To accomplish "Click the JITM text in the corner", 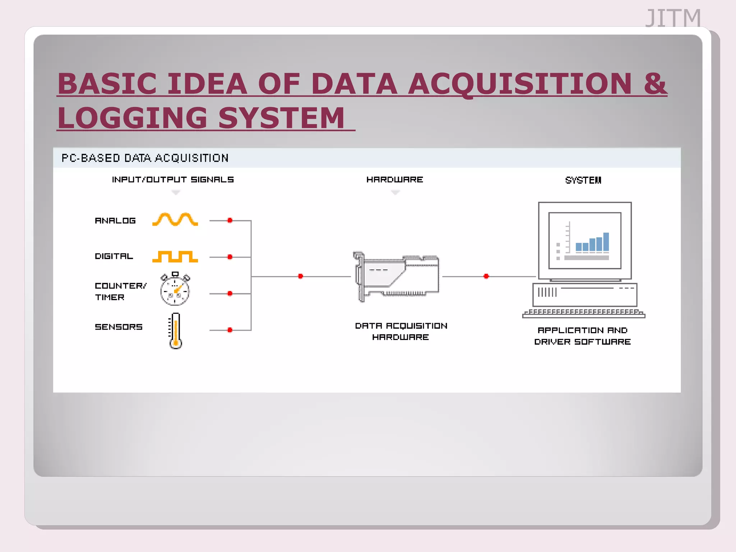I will tap(673, 18).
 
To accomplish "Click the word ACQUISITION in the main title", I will tap(520, 84).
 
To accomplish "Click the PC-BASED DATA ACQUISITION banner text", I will tap(145, 158).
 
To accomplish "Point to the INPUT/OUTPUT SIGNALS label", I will tap(173, 179).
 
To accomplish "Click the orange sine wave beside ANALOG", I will tap(175, 219).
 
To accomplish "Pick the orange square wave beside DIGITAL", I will tap(175, 257).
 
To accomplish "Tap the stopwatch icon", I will tap(175, 290).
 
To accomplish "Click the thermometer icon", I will tap(175, 331).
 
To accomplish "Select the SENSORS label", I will tap(119, 327).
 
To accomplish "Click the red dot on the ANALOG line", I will tap(230, 220).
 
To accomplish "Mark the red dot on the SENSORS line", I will tap(230, 330).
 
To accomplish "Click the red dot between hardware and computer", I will tap(486, 276).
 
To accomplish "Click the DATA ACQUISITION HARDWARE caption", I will tap(401, 331).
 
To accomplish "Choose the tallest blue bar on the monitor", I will tap(606, 242).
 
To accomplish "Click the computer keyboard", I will tap(584, 313).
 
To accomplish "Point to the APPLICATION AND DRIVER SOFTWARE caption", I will tap(583, 336).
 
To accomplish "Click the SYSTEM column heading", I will tap(583, 180).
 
